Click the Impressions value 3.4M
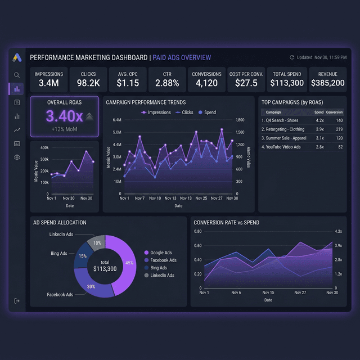[x=49, y=83]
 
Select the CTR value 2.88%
[x=167, y=83]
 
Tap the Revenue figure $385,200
[x=327, y=83]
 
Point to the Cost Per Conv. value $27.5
[x=247, y=83]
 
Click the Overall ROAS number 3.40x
[x=64, y=116]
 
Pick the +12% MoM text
[x=64, y=129]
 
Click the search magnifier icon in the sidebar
[x=17, y=75]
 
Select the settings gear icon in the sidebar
[x=17, y=157]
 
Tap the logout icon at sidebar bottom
[x=17, y=301]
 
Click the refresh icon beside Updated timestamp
[x=292, y=57]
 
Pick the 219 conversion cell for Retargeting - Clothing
[x=338, y=129]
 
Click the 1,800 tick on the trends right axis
[x=240, y=120]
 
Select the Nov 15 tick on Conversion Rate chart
[x=268, y=292]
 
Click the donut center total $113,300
[x=105, y=266]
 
